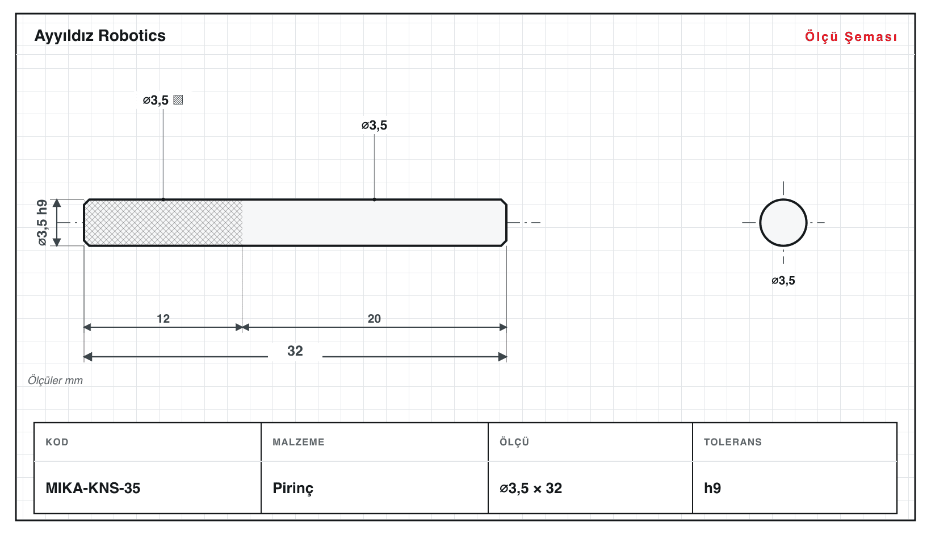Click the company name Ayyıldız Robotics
pyautogui.click(x=100, y=36)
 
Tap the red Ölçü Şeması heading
pyautogui.click(x=851, y=36)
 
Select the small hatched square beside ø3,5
pyautogui.click(x=178, y=100)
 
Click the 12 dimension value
pyautogui.click(x=163, y=319)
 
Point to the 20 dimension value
pyautogui.click(x=374, y=319)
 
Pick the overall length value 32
pyautogui.click(x=295, y=351)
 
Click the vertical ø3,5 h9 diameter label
pyautogui.click(x=43, y=223)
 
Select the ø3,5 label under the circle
pyautogui.click(x=783, y=280)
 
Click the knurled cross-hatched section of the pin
pyautogui.click(x=163, y=223)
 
